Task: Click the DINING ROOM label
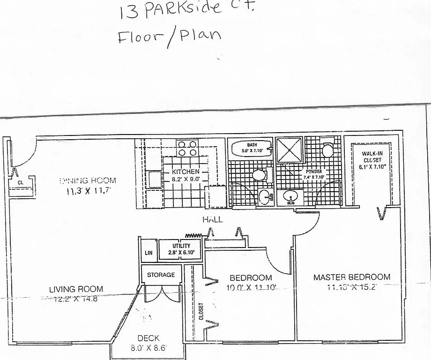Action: [88, 180]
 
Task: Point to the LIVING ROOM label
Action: [76, 289]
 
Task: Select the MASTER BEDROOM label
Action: [351, 277]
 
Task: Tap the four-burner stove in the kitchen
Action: [187, 148]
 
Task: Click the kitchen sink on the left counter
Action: [154, 180]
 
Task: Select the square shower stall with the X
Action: [289, 150]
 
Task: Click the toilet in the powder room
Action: [327, 150]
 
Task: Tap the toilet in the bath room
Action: [259, 175]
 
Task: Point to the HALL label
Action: [212, 219]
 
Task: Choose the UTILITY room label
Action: [181, 246]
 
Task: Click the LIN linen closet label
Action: [149, 253]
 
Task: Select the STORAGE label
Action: [161, 275]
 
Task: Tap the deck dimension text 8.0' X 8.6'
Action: [149, 348]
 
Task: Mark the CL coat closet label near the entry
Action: [21, 182]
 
